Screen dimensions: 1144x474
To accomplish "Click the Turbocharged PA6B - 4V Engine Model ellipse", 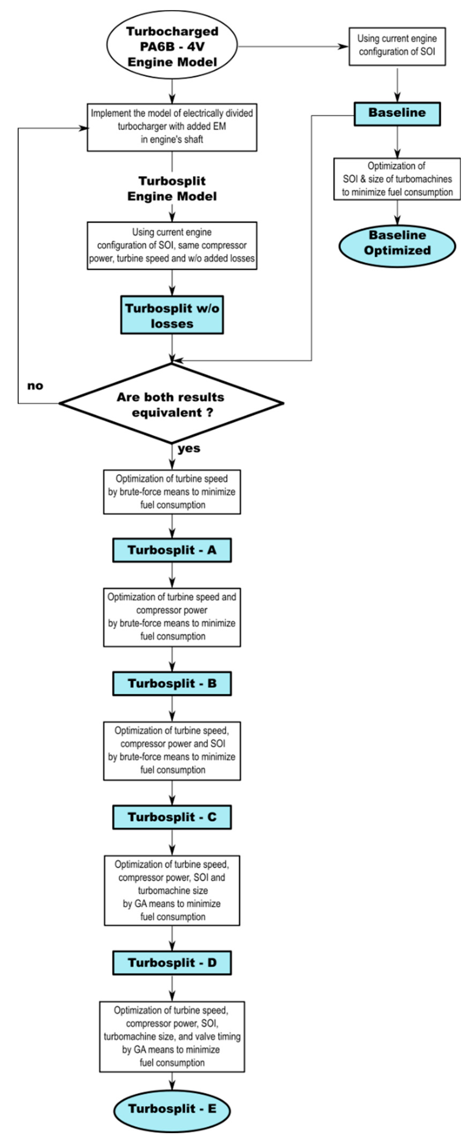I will tap(172, 46).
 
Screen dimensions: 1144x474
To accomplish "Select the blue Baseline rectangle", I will tap(397, 114).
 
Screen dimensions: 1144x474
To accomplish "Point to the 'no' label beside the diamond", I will tap(35, 385).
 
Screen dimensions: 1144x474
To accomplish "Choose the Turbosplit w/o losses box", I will tap(172, 315).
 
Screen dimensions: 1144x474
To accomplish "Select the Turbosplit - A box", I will tap(172, 550).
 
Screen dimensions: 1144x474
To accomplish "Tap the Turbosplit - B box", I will tap(172, 683).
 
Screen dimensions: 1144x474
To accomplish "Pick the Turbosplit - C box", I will tap(172, 817).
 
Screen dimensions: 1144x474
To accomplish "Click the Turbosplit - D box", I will tap(172, 963).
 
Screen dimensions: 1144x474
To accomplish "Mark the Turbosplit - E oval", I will tap(172, 1109).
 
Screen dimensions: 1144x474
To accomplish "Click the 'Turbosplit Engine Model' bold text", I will tap(172, 189).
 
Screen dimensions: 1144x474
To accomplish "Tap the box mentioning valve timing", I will tap(172, 1036).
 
